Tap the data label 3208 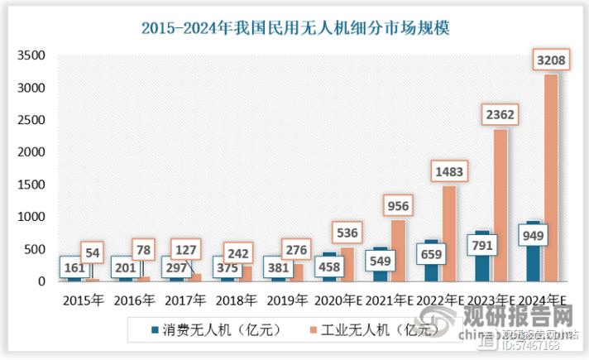click(552, 60)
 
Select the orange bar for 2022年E click(449, 236)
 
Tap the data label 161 click(74, 267)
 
